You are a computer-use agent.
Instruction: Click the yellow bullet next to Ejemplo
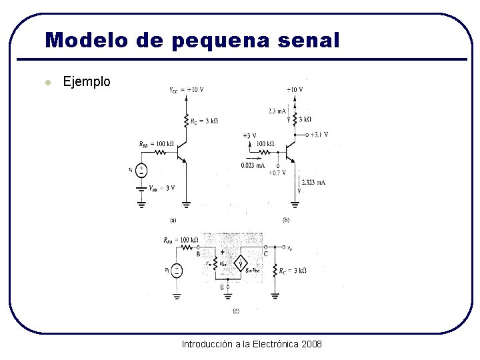coord(47,83)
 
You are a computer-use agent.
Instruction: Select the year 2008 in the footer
coord(311,344)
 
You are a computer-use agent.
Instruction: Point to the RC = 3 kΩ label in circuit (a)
coord(204,121)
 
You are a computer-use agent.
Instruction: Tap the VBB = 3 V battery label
coord(162,187)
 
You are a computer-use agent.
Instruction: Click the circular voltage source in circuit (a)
coord(141,171)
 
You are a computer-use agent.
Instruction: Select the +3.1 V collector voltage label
coord(318,135)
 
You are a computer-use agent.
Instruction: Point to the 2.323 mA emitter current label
coord(313,182)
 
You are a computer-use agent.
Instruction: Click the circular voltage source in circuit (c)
coord(176,270)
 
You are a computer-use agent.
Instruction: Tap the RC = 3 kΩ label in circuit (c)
coord(293,270)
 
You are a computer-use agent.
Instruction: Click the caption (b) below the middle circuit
coord(286,219)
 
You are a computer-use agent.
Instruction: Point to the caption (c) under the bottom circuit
coord(235,310)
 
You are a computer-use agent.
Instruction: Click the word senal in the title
coord(309,40)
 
